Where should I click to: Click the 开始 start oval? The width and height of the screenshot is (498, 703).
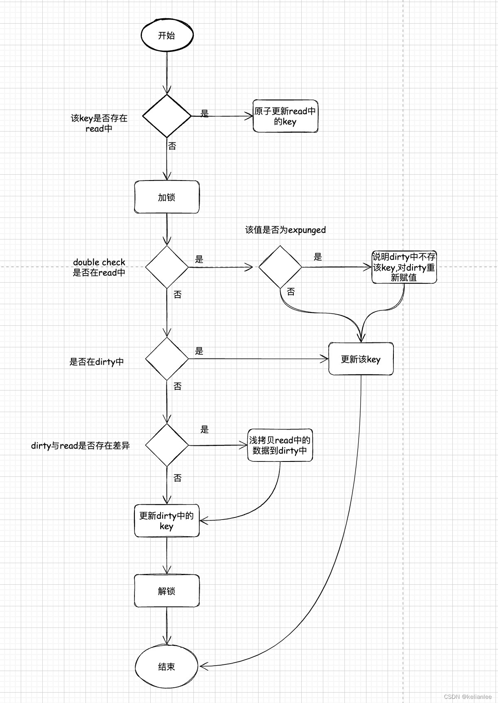click(x=167, y=36)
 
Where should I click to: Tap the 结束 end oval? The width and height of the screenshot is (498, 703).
click(x=167, y=666)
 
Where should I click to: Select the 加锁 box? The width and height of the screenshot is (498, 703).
click(x=167, y=197)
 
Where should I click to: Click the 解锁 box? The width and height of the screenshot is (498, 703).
click(x=167, y=591)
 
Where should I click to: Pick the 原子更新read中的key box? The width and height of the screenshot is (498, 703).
click(x=286, y=116)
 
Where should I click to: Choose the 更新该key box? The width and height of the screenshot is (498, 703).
click(x=361, y=359)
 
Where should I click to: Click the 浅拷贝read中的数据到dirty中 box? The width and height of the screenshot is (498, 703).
click(x=280, y=445)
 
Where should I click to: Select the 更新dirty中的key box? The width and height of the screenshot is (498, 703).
click(x=167, y=520)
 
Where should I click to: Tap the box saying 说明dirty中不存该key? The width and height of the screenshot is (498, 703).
click(x=404, y=267)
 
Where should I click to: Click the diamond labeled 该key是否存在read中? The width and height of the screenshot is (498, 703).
click(x=167, y=116)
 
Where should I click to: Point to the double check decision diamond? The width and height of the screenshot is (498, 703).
click(x=167, y=267)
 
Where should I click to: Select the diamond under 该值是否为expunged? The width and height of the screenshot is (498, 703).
click(x=280, y=267)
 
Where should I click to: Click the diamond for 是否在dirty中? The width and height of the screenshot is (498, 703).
click(x=167, y=359)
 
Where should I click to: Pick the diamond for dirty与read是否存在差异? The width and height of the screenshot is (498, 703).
click(x=167, y=445)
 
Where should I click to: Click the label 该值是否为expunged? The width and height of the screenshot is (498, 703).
click(x=286, y=230)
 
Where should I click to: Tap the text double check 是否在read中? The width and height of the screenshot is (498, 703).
click(x=99, y=267)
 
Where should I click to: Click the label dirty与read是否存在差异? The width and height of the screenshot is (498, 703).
click(x=81, y=446)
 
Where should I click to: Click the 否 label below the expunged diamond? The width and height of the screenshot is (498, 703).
click(x=291, y=292)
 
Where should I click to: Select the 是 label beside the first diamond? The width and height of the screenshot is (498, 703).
click(x=205, y=113)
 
